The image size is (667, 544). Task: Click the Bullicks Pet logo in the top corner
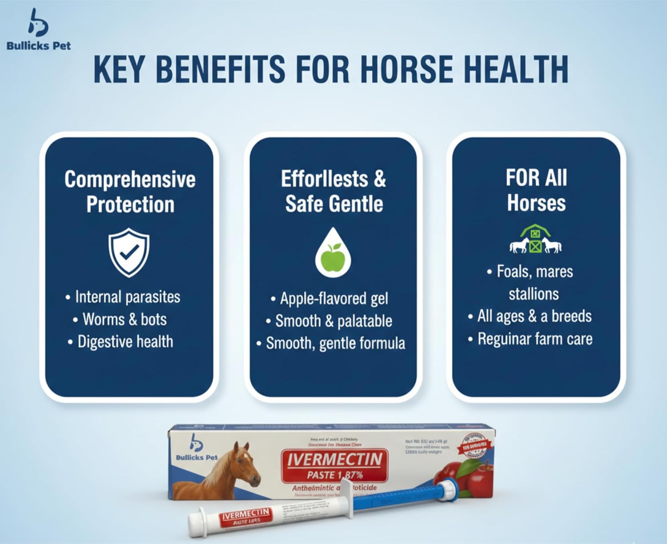(x=38, y=29)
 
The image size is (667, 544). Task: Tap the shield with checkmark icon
(x=129, y=252)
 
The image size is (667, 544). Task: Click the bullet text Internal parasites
(x=127, y=297)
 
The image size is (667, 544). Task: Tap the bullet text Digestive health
(x=125, y=341)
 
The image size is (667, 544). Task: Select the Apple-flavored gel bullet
(x=333, y=298)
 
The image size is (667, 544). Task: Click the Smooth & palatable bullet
(x=333, y=321)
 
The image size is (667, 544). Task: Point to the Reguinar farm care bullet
(x=535, y=339)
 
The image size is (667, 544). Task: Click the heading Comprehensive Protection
(x=130, y=191)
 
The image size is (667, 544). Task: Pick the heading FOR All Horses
(x=536, y=190)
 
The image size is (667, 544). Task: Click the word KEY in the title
(x=119, y=69)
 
